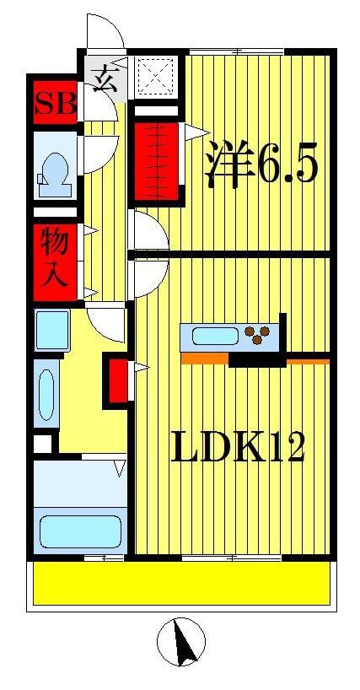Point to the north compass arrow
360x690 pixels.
click(x=180, y=641)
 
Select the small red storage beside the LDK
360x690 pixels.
click(x=117, y=382)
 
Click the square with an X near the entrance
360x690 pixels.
click(x=154, y=77)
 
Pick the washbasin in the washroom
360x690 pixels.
click(x=46, y=394)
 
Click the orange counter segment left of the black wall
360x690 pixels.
click(x=204, y=358)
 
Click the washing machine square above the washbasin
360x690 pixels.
click(x=52, y=330)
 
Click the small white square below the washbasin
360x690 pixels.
click(x=42, y=443)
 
